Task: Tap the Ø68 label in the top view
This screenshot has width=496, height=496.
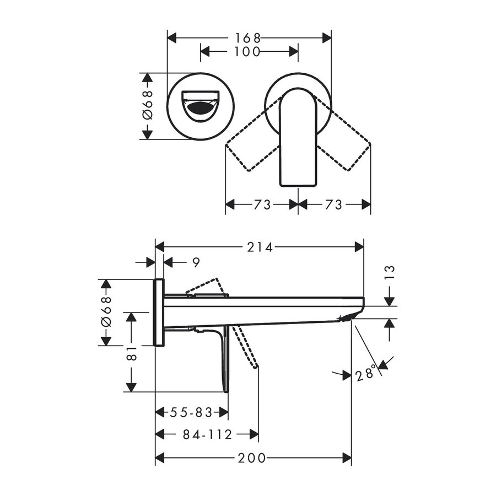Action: click(147, 106)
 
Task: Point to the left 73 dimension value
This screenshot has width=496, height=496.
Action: click(262, 204)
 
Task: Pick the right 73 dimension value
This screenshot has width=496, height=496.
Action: click(334, 204)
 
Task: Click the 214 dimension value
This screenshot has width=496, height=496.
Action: click(260, 247)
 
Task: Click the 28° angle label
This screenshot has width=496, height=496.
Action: click(367, 374)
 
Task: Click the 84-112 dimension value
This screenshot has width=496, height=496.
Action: click(207, 434)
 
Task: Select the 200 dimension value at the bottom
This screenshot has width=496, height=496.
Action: click(253, 458)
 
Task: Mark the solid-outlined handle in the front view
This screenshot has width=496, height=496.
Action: click(298, 138)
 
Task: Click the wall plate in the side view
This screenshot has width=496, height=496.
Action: click(159, 312)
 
